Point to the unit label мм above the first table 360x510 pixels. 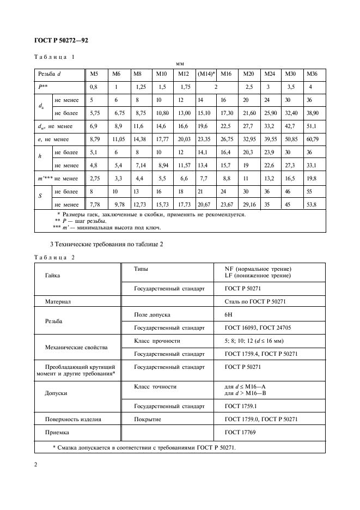point(180,64)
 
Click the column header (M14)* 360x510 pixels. point(206,74)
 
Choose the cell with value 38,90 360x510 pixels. point(313,113)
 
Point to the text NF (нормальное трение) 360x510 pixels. point(258,269)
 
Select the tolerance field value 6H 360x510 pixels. point(228,315)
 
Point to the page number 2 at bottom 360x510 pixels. point(35,465)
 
